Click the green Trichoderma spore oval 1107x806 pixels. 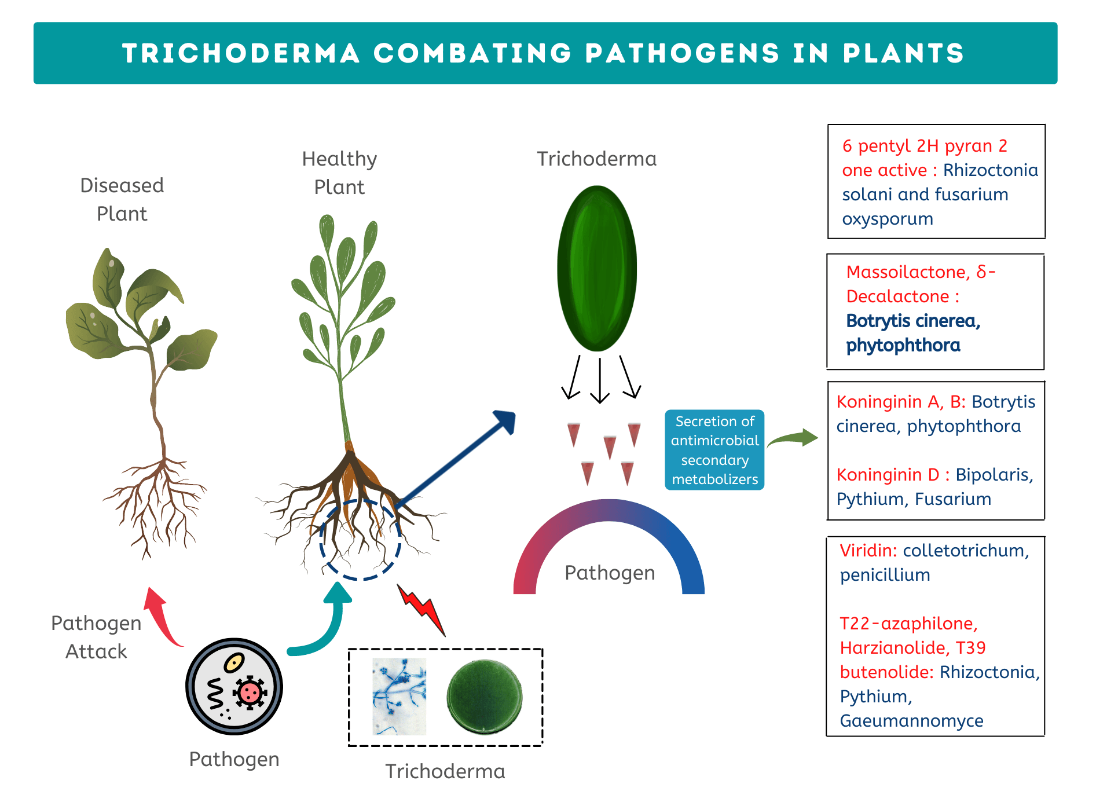tap(597, 268)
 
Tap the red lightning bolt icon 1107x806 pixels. tap(423, 610)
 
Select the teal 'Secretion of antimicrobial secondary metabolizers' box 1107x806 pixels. tap(714, 450)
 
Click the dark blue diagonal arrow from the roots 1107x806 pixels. tap(457, 457)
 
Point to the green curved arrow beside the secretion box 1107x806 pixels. tap(793, 439)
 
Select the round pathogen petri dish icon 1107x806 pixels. tap(234, 687)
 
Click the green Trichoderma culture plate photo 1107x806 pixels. tap(485, 697)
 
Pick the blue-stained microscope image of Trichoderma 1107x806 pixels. tap(399, 697)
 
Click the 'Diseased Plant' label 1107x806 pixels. tap(122, 199)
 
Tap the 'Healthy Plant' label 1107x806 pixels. tap(339, 173)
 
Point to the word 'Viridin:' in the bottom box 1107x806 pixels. tap(868, 550)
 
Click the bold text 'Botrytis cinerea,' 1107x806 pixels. tap(913, 321)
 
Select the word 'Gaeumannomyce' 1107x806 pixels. tap(911, 720)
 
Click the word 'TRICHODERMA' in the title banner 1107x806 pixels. tap(241, 53)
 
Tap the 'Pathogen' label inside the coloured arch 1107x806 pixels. tap(610, 573)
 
